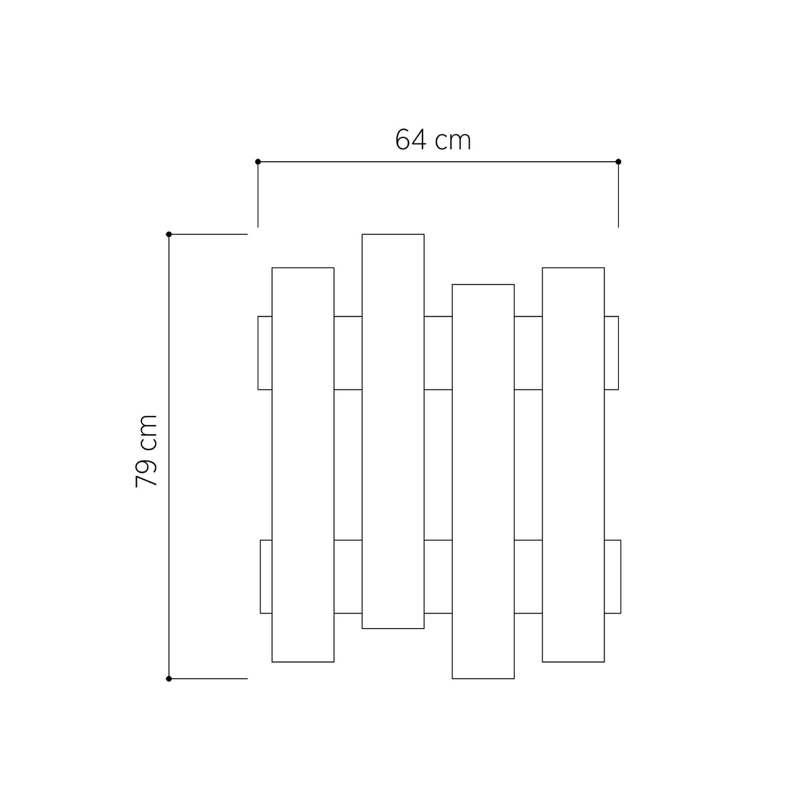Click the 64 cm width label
[433, 140]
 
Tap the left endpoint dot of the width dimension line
[258, 162]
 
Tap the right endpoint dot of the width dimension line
[618, 162]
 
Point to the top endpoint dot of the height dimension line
[169, 234]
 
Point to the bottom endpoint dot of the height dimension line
[169, 679]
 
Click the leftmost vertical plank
[303, 464]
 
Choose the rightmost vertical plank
[573, 464]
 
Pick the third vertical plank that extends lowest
[483, 481]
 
